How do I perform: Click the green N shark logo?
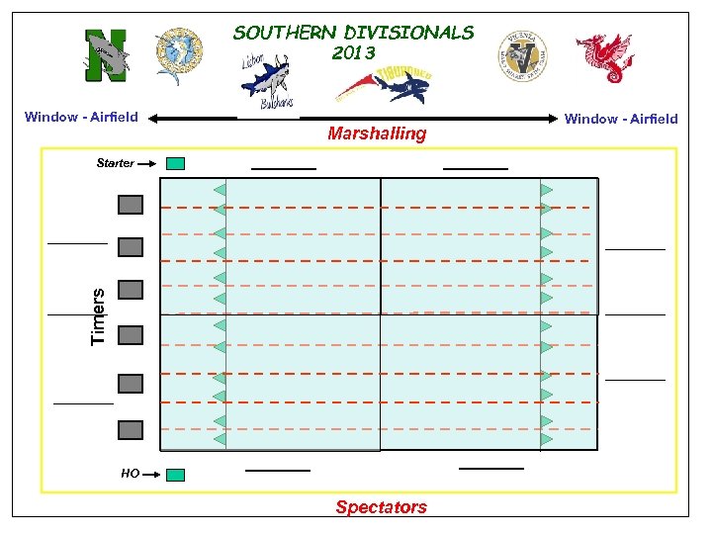106,53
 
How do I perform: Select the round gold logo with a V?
521,55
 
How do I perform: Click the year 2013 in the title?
353,53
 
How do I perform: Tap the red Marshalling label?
377,133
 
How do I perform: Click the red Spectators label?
381,507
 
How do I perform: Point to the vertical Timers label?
97,316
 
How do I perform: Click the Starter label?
115,163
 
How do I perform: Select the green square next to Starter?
175,163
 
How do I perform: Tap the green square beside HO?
175,475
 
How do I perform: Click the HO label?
130,474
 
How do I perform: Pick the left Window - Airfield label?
81,117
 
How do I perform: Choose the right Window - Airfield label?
621,119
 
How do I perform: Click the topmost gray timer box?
131,205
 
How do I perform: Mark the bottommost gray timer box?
131,429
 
